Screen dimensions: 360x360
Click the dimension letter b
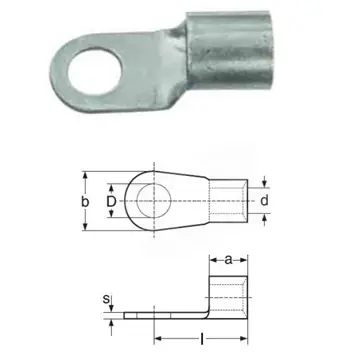point(85,201)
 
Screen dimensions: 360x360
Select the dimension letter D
point(111,201)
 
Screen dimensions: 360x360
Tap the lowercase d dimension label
point(264,201)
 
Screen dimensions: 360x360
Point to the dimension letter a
point(228,260)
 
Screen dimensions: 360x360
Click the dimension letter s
point(106,299)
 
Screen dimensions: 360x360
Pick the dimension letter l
point(201,340)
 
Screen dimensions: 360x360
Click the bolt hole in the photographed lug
point(95,72)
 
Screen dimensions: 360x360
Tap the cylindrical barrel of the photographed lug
point(229,50)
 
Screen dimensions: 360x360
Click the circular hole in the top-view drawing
point(154,201)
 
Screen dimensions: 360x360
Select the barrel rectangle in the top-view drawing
point(228,201)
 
